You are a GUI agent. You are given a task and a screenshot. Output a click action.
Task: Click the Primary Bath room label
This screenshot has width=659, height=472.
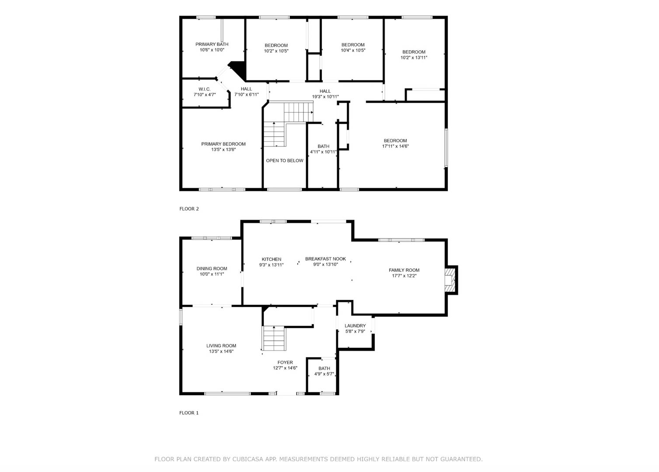click(212, 44)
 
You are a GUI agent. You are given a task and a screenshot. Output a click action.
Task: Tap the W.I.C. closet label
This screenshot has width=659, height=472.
click(205, 89)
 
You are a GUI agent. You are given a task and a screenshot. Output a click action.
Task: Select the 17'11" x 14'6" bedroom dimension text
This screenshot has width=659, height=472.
click(395, 146)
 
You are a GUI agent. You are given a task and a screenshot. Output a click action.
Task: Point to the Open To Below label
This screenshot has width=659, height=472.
click(285, 160)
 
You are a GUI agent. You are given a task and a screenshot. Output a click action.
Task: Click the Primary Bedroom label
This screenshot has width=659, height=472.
click(223, 144)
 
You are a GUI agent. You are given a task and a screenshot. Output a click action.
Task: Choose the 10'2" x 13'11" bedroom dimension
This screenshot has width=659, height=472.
click(414, 58)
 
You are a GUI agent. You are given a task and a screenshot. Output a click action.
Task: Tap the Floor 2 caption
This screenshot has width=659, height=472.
click(189, 209)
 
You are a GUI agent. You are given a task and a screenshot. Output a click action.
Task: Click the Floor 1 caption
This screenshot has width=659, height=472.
click(189, 413)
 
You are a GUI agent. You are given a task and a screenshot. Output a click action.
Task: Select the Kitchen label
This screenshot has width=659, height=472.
click(271, 259)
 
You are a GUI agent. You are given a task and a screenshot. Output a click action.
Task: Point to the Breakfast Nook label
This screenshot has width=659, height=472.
click(325, 259)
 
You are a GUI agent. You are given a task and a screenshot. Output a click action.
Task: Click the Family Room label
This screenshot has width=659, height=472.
click(404, 270)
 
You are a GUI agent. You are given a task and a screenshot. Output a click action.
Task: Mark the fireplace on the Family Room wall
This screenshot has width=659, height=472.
click(450, 280)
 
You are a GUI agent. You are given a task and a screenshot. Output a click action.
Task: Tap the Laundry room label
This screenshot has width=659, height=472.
click(355, 326)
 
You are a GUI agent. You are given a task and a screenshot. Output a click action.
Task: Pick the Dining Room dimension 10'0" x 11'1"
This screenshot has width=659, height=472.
click(212, 274)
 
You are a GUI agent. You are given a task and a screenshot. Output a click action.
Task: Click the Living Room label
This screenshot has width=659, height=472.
click(221, 346)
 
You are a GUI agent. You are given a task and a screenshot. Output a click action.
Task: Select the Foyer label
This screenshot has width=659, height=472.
click(285, 363)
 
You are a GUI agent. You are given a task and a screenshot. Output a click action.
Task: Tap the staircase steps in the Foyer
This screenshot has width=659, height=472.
click(275, 338)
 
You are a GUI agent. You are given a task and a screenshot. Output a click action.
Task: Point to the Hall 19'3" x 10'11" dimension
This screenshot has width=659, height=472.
click(325, 97)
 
